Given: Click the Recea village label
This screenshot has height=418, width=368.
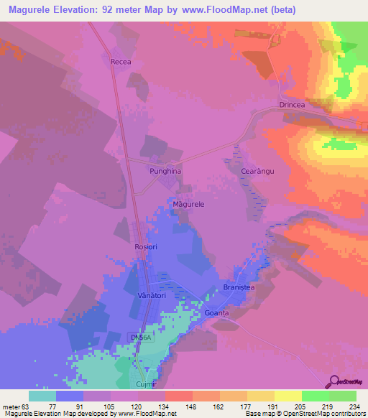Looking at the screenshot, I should [x=121, y=62].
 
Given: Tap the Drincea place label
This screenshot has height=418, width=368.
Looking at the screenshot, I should [x=293, y=106].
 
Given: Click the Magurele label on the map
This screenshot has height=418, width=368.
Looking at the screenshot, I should [x=189, y=205].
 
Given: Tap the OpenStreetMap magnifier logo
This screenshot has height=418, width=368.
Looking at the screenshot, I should [x=333, y=381].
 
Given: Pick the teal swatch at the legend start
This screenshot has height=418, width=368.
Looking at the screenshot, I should [x=42, y=396].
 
